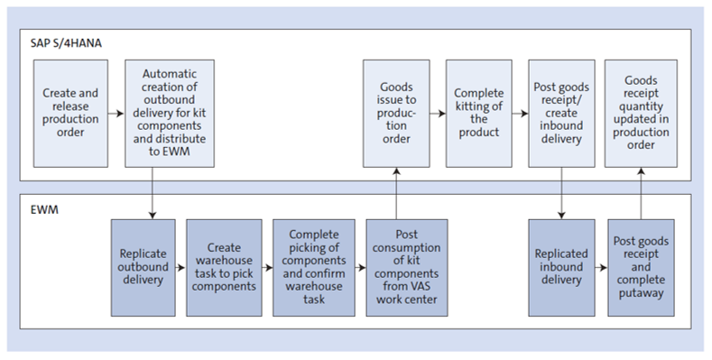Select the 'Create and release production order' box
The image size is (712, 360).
coord(69,114)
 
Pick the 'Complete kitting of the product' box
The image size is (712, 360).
coord(478,114)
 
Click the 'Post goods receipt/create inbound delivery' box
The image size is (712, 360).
coord(559,114)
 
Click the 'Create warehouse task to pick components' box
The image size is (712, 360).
coord(225,267)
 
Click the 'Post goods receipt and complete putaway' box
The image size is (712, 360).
coord(641,267)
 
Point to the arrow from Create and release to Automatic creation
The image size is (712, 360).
coord(115,115)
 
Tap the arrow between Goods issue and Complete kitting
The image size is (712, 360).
coord(438,115)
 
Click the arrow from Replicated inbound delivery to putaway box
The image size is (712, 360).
coord(601,268)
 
